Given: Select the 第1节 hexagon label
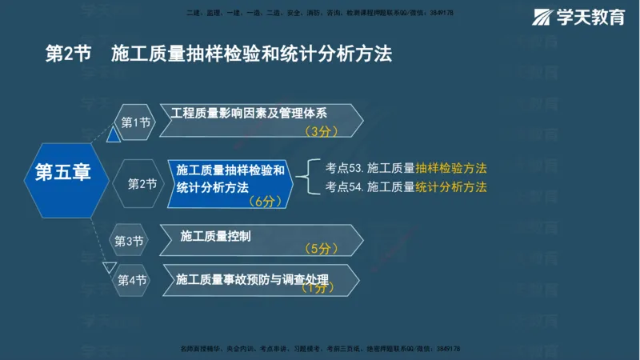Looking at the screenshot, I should point(135,122).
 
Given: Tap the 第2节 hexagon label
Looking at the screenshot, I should point(142,184).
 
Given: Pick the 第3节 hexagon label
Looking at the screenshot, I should point(128,240).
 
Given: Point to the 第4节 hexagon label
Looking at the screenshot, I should point(132,280).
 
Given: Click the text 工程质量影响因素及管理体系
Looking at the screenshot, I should point(249,113).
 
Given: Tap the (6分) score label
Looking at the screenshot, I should point(261,202).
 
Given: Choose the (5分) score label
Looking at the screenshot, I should point(318,249).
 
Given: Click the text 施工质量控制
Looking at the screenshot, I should point(215,236).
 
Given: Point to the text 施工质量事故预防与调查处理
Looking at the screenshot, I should point(253,278).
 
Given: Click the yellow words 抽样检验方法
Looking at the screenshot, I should point(451,169).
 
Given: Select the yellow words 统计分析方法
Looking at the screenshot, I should point(451,187).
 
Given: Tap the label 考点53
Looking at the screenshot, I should point(345,169).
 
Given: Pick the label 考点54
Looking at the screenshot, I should point(345,187).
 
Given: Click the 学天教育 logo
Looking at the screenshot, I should point(579,17).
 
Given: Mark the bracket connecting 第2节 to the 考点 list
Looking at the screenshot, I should point(309,178).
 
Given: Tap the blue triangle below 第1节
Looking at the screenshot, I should point(114,135).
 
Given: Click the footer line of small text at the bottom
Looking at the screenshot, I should point(320,349).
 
